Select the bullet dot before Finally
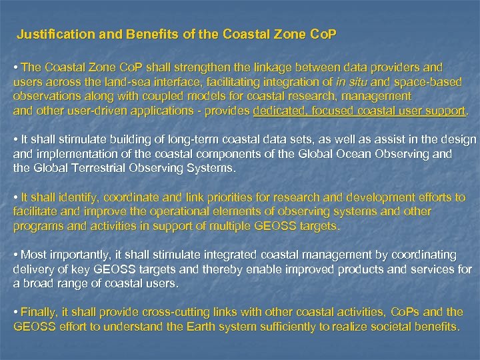click(17, 312)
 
